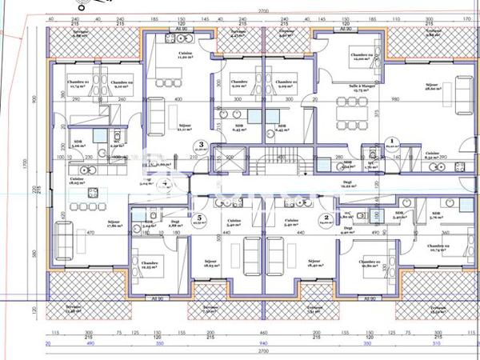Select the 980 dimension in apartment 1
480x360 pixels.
[394, 99]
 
